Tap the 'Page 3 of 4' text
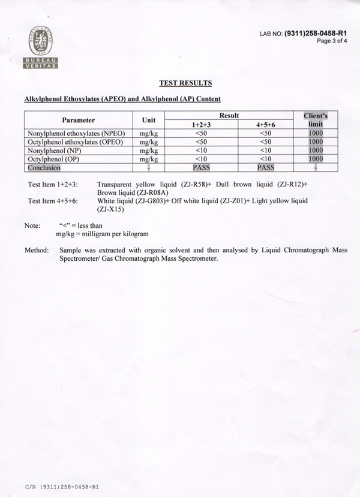pyautogui.click(x=332, y=41)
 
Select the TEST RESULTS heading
pyautogui.click(x=185, y=83)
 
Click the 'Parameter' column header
pyautogui.click(x=78, y=120)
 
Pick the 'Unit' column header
pyautogui.click(x=148, y=120)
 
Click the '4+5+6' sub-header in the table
pyautogui.click(x=265, y=124)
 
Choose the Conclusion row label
pyautogui.click(x=44, y=168)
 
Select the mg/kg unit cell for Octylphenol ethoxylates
pyautogui.click(x=148, y=142)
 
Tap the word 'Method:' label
pyautogui.click(x=36, y=249)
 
